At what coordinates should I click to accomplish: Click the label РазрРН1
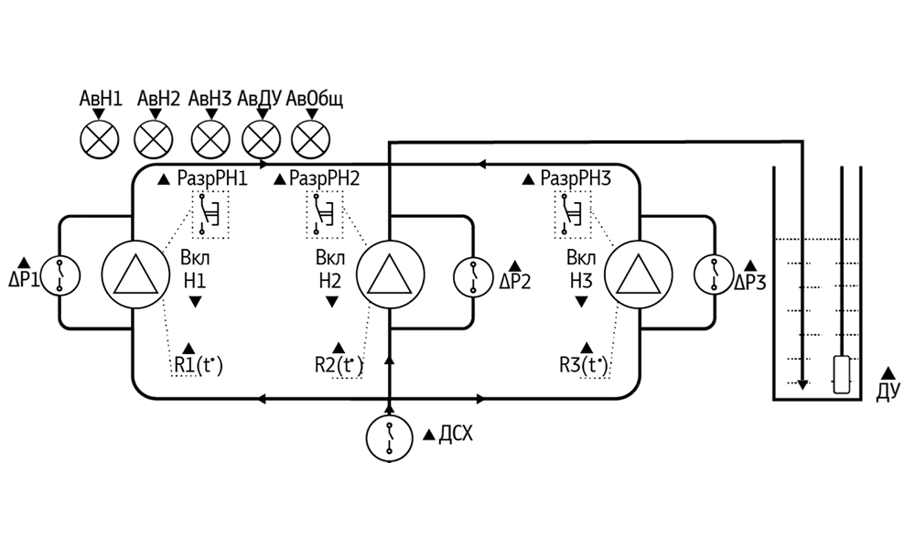tap(212, 179)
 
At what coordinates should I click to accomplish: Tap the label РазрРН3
tap(576, 179)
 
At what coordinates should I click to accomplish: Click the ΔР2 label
tap(515, 281)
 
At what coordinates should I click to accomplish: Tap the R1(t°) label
tap(198, 366)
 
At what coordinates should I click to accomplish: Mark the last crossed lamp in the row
tap(311, 141)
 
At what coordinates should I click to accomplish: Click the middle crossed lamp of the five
tap(211, 141)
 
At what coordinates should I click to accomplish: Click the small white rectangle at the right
tap(842, 375)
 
